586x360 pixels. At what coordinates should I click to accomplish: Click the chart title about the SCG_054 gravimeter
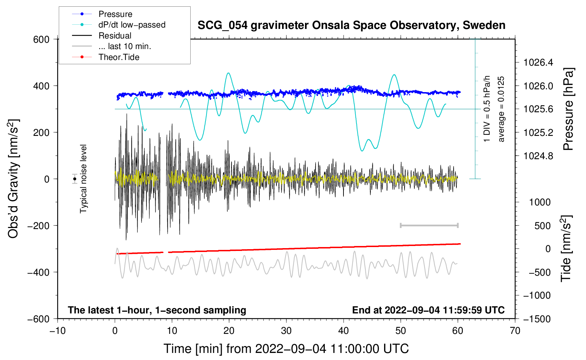(351, 25)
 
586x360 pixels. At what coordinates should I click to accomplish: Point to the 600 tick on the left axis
(41, 40)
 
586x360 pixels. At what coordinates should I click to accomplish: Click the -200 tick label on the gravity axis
(38, 226)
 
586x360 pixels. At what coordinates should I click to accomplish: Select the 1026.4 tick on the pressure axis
(538, 62)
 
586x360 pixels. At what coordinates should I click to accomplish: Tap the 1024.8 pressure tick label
(538, 156)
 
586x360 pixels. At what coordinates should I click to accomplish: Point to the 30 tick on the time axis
(286, 331)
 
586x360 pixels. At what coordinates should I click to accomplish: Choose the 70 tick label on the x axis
(515, 331)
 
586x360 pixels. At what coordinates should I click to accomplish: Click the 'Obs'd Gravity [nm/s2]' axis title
(13, 179)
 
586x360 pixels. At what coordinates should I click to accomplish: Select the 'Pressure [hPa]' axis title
(568, 109)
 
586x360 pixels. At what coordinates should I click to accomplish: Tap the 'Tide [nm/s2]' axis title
(566, 248)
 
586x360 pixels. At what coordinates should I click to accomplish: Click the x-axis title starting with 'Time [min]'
(286, 349)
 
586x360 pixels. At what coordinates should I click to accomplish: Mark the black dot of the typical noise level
(74, 179)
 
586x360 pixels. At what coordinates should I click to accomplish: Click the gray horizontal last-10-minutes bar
(429, 225)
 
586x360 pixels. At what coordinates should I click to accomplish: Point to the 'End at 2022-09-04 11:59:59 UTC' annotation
(428, 310)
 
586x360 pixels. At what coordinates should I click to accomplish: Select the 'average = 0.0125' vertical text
(501, 109)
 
